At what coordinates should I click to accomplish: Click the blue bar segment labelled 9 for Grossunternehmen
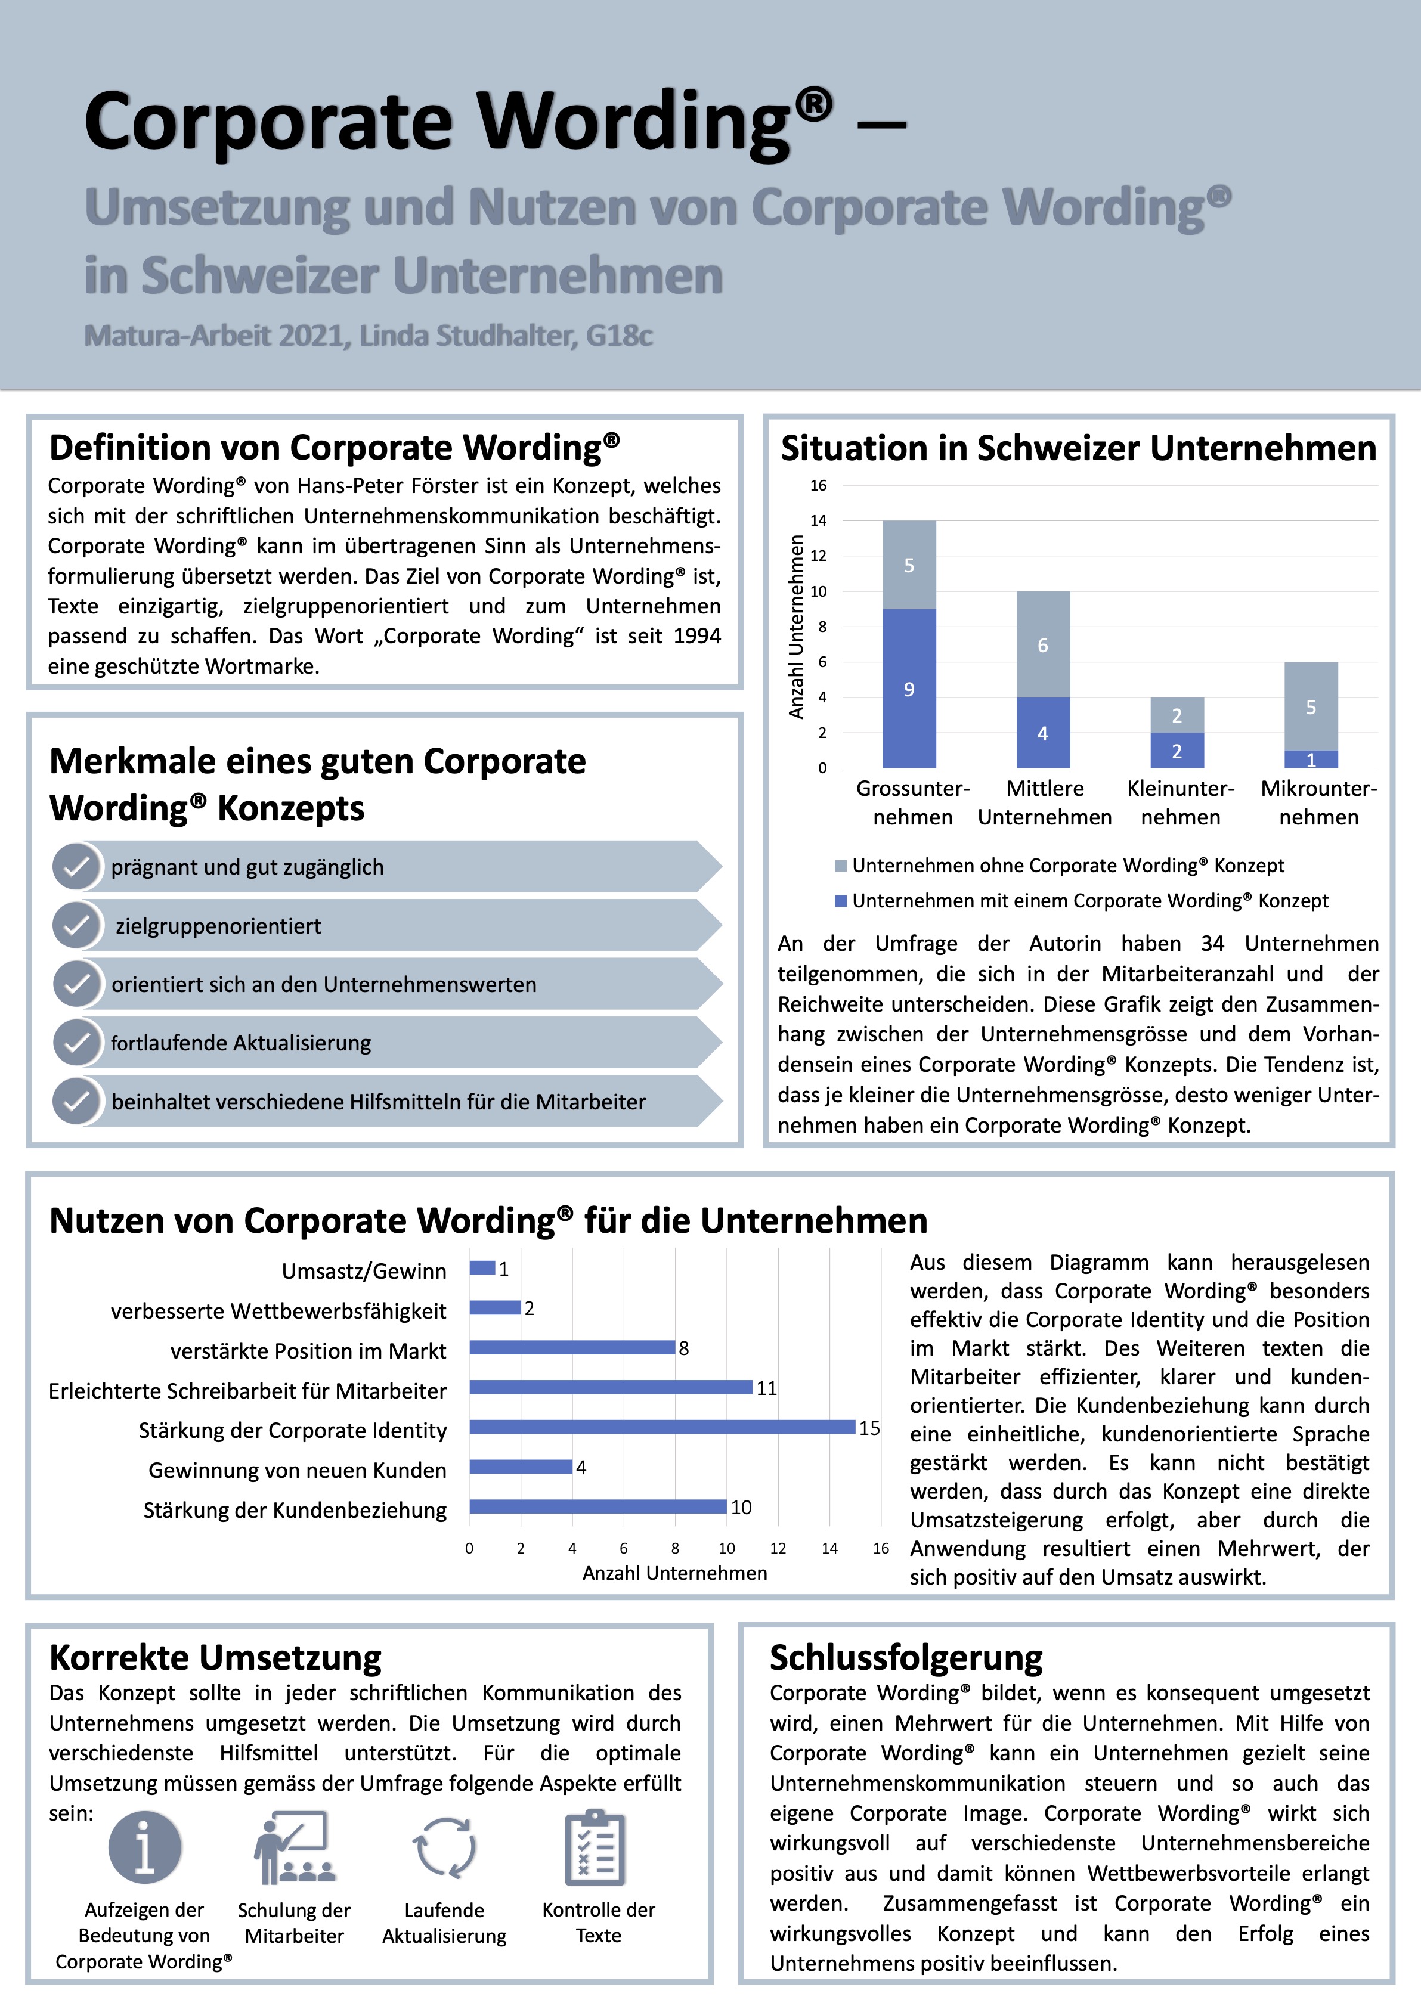pyautogui.click(x=909, y=688)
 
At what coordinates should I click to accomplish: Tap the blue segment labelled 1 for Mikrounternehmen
pyautogui.click(x=1311, y=759)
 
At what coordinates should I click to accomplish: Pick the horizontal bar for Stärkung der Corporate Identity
pyautogui.click(x=661, y=1427)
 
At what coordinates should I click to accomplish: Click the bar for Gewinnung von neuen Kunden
pyautogui.click(x=521, y=1467)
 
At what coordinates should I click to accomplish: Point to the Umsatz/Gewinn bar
pyautogui.click(x=482, y=1268)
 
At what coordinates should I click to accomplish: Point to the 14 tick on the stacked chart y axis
pyautogui.click(x=818, y=520)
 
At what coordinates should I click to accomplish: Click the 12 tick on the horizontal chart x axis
pyautogui.click(x=778, y=1548)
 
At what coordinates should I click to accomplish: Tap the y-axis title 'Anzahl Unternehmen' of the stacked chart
pyautogui.click(x=796, y=627)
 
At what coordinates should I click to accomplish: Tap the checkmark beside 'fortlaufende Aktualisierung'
pyautogui.click(x=77, y=1042)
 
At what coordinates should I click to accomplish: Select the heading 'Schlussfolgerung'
pyautogui.click(x=906, y=1657)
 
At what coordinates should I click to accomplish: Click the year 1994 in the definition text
pyautogui.click(x=696, y=636)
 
